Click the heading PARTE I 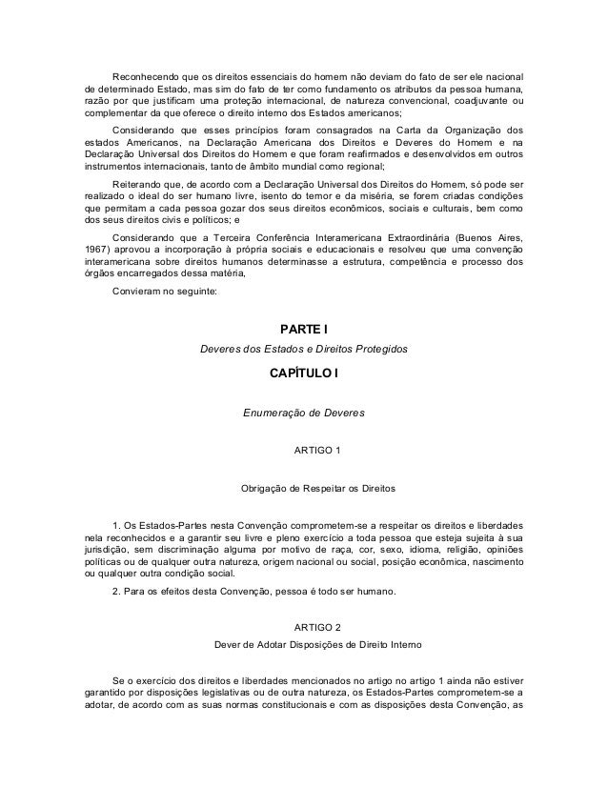[303, 331]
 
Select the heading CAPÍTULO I [303, 375]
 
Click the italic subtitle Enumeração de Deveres [303, 413]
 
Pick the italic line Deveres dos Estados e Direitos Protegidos [303, 350]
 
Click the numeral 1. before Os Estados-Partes [116, 527]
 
